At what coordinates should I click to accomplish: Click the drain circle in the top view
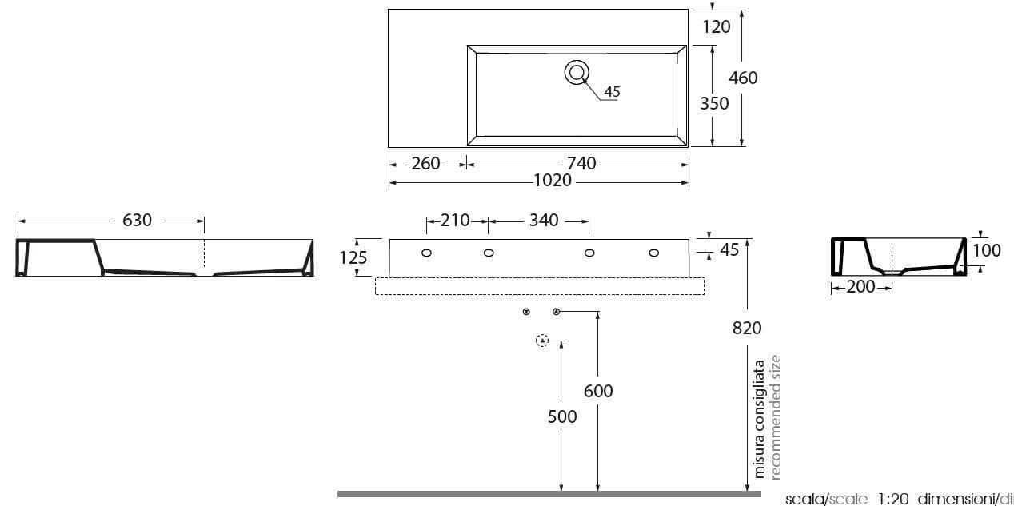[577, 72]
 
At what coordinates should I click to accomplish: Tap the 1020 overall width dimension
[553, 181]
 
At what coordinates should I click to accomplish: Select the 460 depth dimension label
[743, 78]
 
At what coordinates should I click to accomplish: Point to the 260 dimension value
[425, 163]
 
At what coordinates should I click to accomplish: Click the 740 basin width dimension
[581, 163]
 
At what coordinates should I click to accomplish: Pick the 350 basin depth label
[714, 103]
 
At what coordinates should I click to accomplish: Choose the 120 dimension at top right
[716, 26]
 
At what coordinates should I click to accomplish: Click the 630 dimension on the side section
[137, 220]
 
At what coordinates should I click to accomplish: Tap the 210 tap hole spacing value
[455, 221]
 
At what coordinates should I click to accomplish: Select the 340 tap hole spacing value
[544, 221]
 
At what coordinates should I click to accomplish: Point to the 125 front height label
[353, 257]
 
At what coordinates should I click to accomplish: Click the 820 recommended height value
[746, 327]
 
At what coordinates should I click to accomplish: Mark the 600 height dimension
[598, 391]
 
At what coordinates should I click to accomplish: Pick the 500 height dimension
[561, 416]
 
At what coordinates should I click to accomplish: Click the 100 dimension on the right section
[987, 250]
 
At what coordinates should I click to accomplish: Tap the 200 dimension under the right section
[860, 287]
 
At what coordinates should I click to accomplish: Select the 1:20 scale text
[892, 500]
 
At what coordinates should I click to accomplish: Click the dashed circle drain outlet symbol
[543, 341]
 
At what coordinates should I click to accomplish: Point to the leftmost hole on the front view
[426, 253]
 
